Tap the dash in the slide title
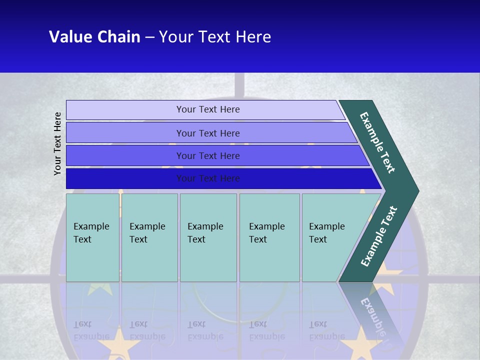click(x=149, y=37)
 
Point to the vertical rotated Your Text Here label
click(x=58, y=143)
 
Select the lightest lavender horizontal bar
click(x=205, y=110)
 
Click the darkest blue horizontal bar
click(x=220, y=178)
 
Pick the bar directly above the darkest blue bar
click(x=215, y=155)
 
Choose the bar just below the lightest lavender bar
click(x=210, y=133)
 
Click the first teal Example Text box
click(x=92, y=237)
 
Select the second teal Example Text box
click(x=149, y=237)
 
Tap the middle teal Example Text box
click(x=208, y=237)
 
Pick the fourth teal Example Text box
click(x=269, y=237)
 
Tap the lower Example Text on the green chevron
click(x=379, y=236)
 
